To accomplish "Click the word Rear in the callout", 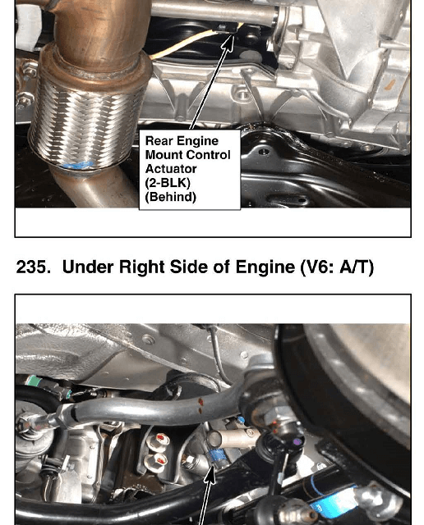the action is point(159,141).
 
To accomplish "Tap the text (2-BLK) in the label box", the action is point(168,183).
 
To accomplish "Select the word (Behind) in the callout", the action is point(170,197).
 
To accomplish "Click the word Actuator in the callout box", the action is point(171,169).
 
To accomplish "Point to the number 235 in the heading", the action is point(33,267).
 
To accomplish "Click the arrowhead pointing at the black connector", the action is point(228,39).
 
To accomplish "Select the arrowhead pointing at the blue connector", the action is point(210,474).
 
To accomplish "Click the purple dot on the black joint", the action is point(296,442).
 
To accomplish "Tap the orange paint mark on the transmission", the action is point(389,85).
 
